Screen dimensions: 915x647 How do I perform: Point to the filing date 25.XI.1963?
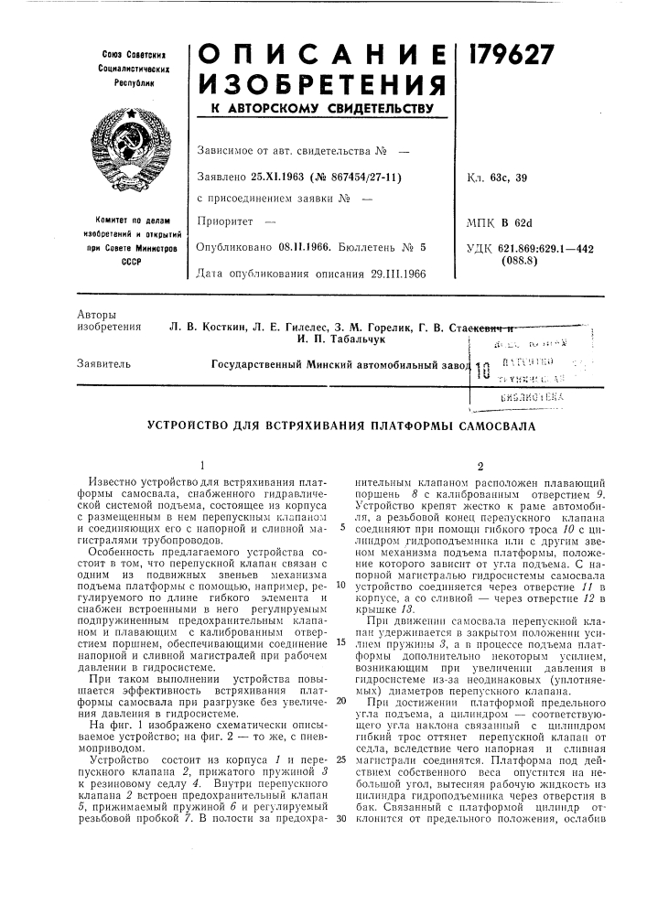pyautogui.click(x=274, y=174)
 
